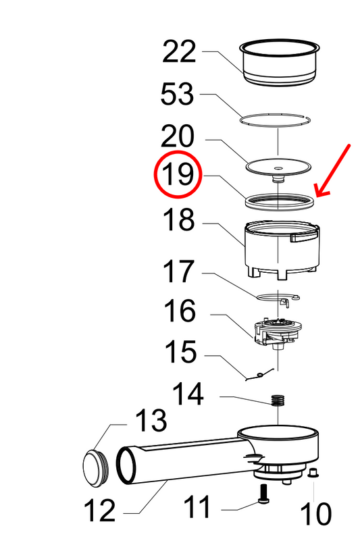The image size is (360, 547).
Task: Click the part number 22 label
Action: (x=179, y=53)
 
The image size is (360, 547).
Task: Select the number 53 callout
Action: (x=178, y=95)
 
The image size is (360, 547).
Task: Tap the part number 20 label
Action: (x=178, y=137)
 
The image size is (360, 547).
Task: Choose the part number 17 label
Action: (x=178, y=272)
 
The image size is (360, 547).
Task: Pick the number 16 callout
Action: (x=178, y=312)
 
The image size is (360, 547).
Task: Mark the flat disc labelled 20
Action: (x=277, y=165)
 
